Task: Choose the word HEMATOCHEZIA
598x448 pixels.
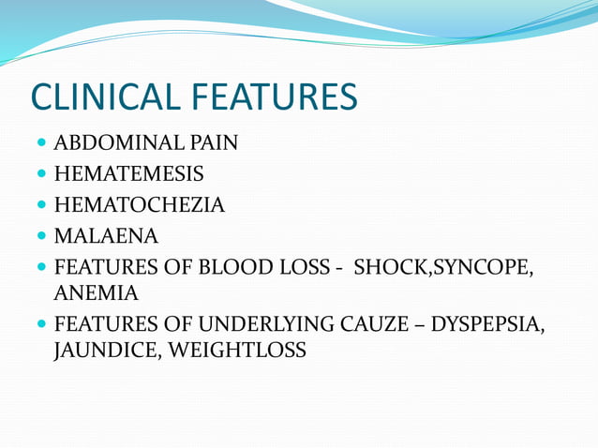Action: (x=140, y=204)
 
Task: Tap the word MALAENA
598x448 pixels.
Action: (x=106, y=234)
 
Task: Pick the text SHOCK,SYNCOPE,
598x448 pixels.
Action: (x=445, y=264)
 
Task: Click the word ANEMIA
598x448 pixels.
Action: (x=96, y=293)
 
